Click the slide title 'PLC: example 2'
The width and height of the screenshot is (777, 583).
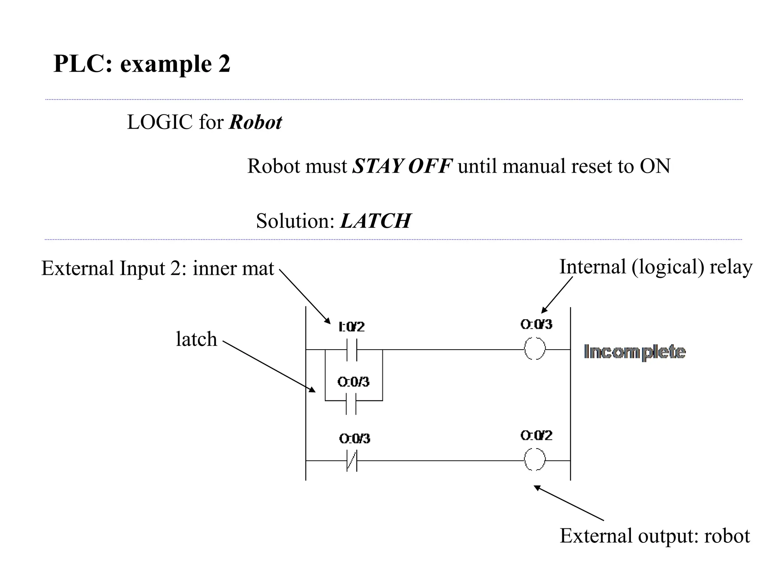[142, 64]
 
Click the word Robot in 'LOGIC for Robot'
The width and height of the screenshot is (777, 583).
[255, 123]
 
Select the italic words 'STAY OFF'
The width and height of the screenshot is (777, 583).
[402, 166]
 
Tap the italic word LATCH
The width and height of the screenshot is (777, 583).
[375, 221]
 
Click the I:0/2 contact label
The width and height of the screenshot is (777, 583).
[351, 326]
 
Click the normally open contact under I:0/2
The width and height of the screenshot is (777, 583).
[351, 350]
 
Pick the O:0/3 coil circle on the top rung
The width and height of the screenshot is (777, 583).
[535, 349]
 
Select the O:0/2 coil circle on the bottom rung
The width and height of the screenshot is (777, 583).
[535, 460]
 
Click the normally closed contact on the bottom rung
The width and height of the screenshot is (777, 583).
[352, 460]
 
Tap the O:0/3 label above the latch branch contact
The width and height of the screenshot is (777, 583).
[353, 382]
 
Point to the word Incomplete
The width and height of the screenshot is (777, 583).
[634, 352]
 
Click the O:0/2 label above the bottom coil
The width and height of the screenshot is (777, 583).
[536, 435]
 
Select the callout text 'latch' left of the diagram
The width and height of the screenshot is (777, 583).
[196, 339]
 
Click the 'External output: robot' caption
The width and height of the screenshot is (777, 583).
[654, 536]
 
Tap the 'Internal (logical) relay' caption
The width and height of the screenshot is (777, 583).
[656, 267]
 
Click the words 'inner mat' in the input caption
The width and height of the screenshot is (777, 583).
[233, 268]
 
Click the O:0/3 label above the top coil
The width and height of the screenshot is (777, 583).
[536, 324]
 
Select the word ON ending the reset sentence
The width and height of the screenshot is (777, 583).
[655, 166]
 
